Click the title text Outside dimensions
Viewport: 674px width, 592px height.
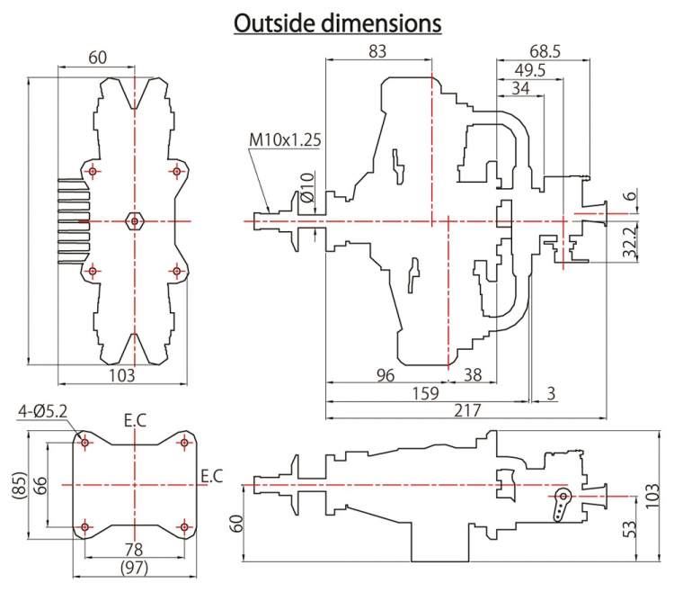pos(337,22)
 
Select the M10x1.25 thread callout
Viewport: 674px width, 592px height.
pos(285,140)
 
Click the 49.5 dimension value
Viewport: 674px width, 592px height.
pos(529,71)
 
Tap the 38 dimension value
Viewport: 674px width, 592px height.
pos(473,374)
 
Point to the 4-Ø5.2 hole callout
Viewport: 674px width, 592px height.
pos(44,412)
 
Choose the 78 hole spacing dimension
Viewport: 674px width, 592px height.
pos(134,549)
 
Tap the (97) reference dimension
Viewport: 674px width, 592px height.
pos(134,567)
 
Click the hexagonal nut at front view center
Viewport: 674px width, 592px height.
pos(134,220)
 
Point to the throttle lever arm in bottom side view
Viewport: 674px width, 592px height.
pos(562,505)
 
